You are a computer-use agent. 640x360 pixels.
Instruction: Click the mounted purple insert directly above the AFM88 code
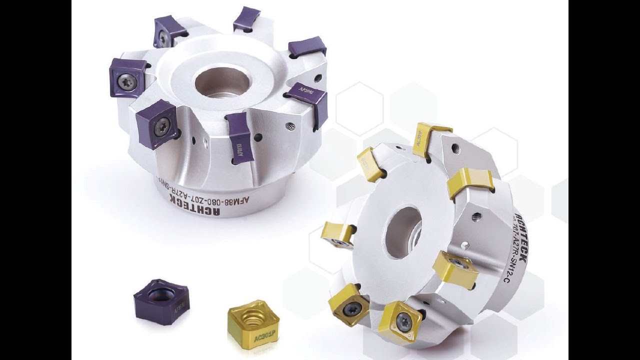(239, 137)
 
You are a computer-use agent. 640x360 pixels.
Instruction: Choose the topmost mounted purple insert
(246, 18)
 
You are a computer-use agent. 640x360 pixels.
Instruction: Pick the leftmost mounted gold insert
(337, 234)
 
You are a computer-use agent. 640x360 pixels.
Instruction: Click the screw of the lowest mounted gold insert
(403, 321)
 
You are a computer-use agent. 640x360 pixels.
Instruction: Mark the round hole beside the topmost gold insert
(455, 148)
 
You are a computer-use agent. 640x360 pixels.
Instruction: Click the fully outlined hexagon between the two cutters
(359, 108)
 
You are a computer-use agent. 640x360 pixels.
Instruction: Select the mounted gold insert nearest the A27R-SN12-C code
(454, 269)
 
